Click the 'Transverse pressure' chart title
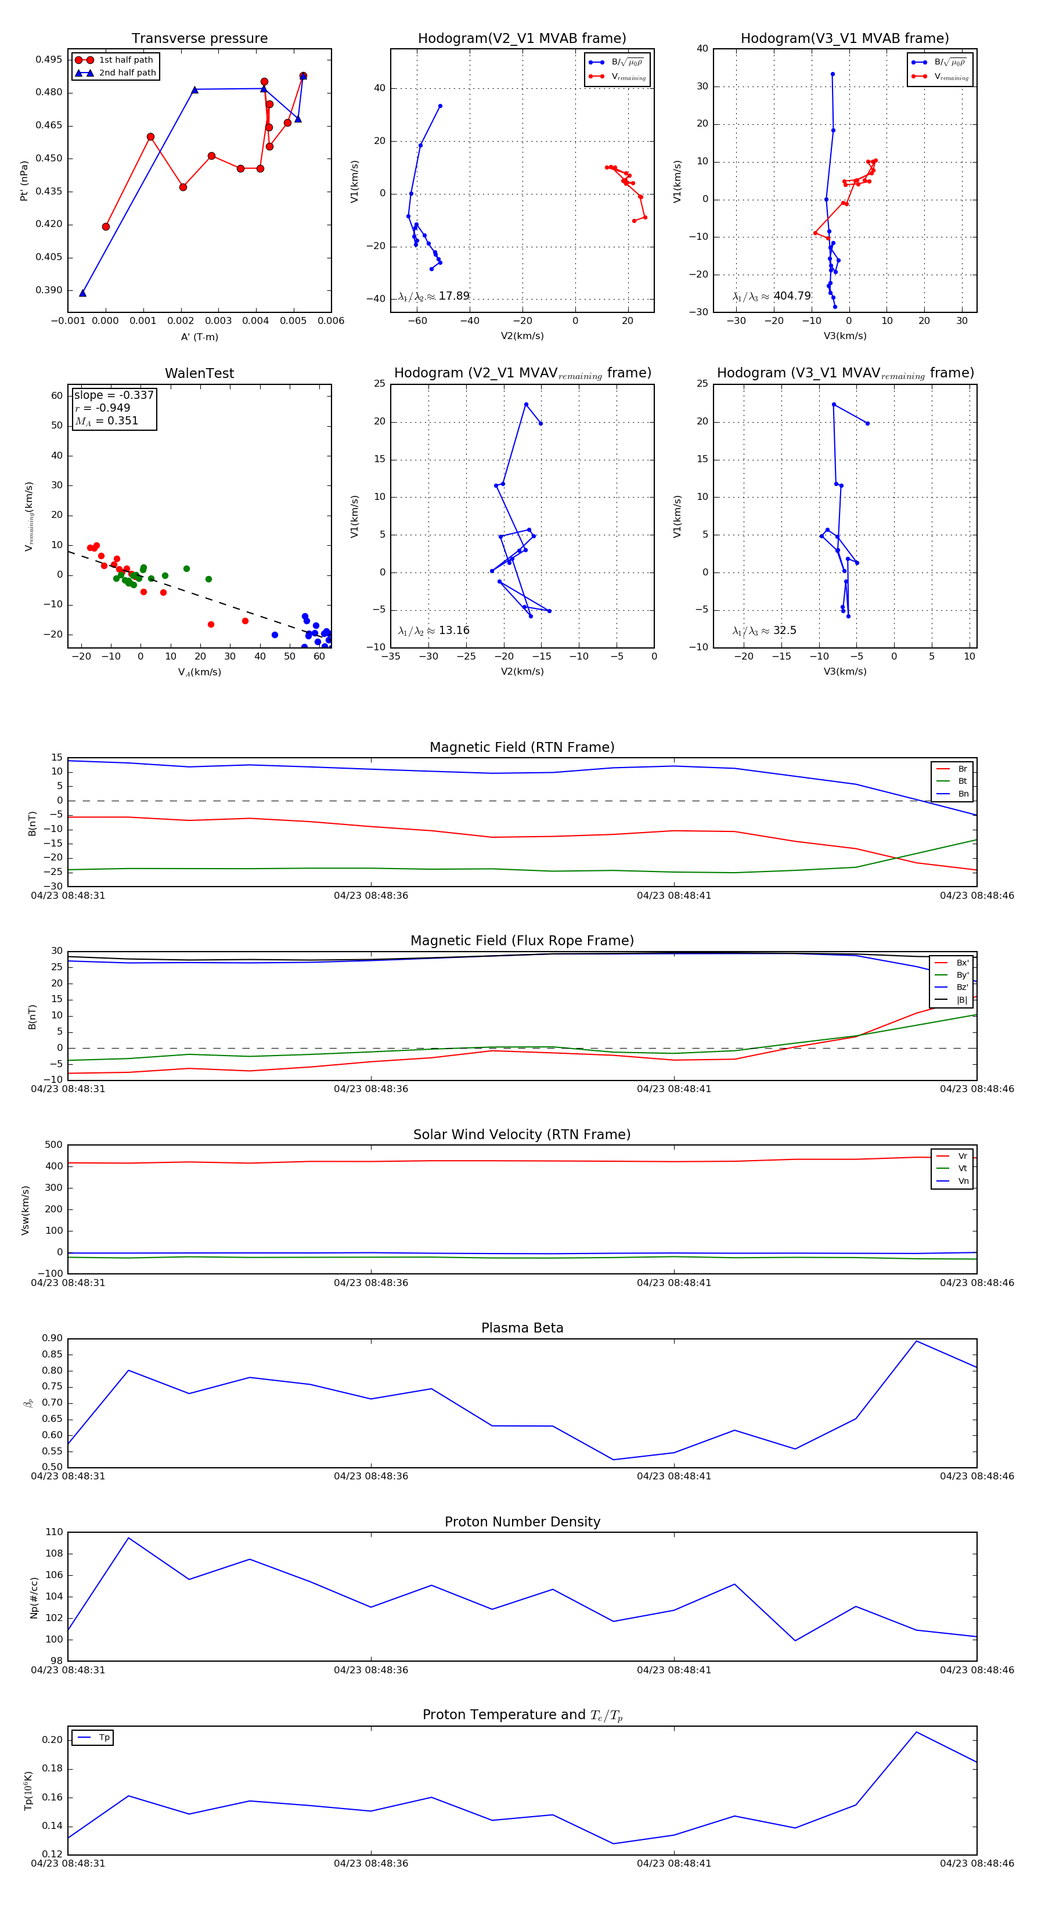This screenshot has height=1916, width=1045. coord(199,39)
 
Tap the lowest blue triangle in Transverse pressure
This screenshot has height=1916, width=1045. coord(82,293)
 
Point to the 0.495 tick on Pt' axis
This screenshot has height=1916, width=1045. coord(49,59)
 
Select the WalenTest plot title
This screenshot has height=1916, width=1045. coord(199,373)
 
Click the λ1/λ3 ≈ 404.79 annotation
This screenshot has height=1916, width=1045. coord(772,296)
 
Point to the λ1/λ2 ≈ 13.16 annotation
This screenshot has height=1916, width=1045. coord(434,631)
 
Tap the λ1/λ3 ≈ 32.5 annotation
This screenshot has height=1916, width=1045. coord(764,631)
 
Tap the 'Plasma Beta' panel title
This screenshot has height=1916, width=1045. coord(522,1328)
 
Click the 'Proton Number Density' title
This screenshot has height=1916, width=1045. coord(522,1522)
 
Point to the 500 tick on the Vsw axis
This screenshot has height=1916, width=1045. coord(53,1145)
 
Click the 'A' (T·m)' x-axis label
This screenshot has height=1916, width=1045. coord(199,337)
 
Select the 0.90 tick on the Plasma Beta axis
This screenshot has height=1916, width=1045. coord(52,1338)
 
